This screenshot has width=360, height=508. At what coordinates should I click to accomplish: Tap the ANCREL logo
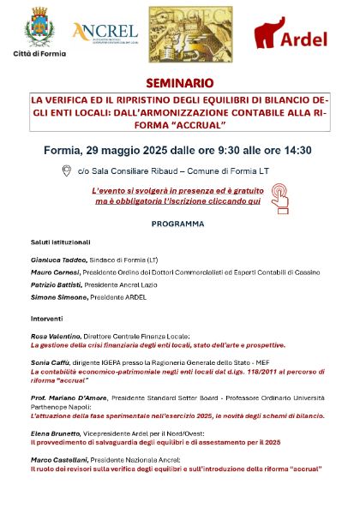(105, 33)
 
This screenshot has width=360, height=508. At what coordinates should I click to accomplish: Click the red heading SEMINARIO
(179, 85)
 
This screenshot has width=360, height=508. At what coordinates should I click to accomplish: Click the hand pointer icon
(279, 198)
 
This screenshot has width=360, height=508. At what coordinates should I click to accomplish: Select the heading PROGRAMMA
(177, 224)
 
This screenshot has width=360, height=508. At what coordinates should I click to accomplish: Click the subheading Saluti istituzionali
(61, 242)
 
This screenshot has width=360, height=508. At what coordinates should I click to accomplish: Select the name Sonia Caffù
(51, 362)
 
